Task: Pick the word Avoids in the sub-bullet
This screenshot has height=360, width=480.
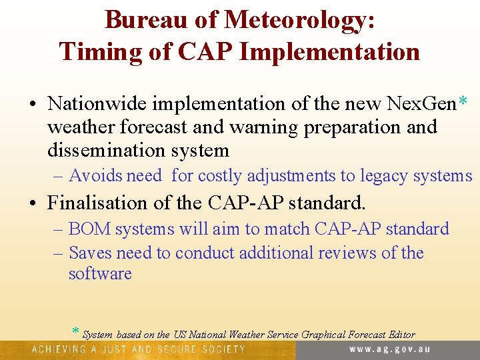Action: (x=96, y=175)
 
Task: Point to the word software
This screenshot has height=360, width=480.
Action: (x=100, y=273)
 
